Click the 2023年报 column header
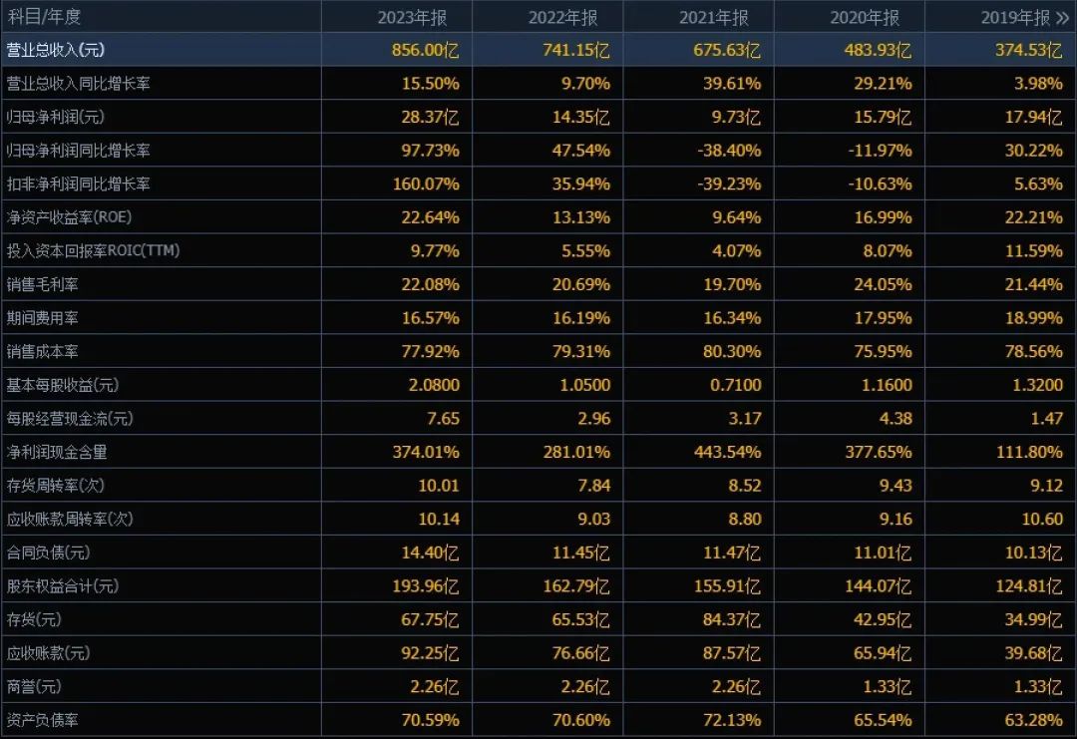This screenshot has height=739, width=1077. click(417, 17)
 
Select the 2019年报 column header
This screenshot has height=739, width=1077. click(1015, 17)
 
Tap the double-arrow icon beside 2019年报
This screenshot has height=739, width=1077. click(1061, 17)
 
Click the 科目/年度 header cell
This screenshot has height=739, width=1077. click(44, 17)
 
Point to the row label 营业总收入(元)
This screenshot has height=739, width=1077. click(56, 50)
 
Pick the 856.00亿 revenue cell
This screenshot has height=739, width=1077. click(426, 50)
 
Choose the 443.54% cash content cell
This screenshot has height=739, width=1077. click(727, 452)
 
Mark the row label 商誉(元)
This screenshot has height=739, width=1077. click(34, 686)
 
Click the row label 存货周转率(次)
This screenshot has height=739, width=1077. click(56, 485)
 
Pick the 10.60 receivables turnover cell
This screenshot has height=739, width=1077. click(1041, 519)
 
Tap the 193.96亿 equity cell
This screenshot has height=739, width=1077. click(426, 585)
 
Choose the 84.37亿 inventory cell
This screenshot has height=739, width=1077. click(731, 619)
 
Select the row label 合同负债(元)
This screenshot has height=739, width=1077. click(49, 553)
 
